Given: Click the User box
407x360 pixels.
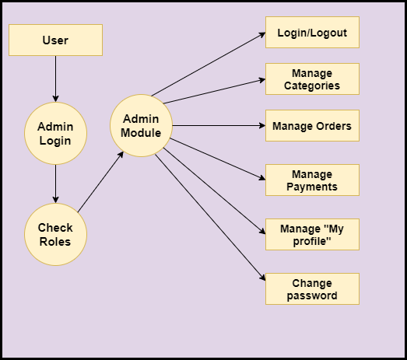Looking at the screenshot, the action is click(x=55, y=40).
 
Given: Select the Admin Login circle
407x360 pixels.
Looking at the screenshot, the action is click(x=55, y=133).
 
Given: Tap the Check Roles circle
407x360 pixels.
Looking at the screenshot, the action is click(x=55, y=235).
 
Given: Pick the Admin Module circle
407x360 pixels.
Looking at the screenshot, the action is click(x=141, y=125).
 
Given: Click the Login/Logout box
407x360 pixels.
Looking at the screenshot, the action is click(x=312, y=32).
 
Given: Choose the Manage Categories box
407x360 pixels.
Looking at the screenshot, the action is click(x=312, y=79).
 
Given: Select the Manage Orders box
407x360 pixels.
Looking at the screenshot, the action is click(x=312, y=125).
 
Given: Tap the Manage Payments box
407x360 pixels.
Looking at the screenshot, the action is click(x=312, y=180).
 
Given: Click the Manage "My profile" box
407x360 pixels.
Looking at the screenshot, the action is click(x=312, y=235).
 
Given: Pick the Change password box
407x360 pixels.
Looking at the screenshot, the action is click(x=312, y=289).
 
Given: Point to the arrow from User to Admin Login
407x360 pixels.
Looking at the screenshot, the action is click(x=55, y=79).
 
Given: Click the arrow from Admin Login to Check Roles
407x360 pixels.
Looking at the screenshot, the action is click(x=55, y=184).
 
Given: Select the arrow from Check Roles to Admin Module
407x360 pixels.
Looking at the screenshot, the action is click(x=100, y=182).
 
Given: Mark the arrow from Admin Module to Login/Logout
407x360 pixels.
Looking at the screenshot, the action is click(x=209, y=65).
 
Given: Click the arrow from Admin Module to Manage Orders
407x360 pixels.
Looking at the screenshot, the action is click(x=219, y=125).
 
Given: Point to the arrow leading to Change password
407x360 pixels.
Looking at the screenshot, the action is click(x=210, y=218).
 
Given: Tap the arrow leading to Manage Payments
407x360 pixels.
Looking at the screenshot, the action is click(x=218, y=159).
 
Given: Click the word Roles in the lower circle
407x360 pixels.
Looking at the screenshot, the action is click(x=55, y=242).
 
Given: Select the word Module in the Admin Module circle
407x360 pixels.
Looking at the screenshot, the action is click(x=141, y=133).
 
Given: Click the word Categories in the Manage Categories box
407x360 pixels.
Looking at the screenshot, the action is click(x=312, y=86).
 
